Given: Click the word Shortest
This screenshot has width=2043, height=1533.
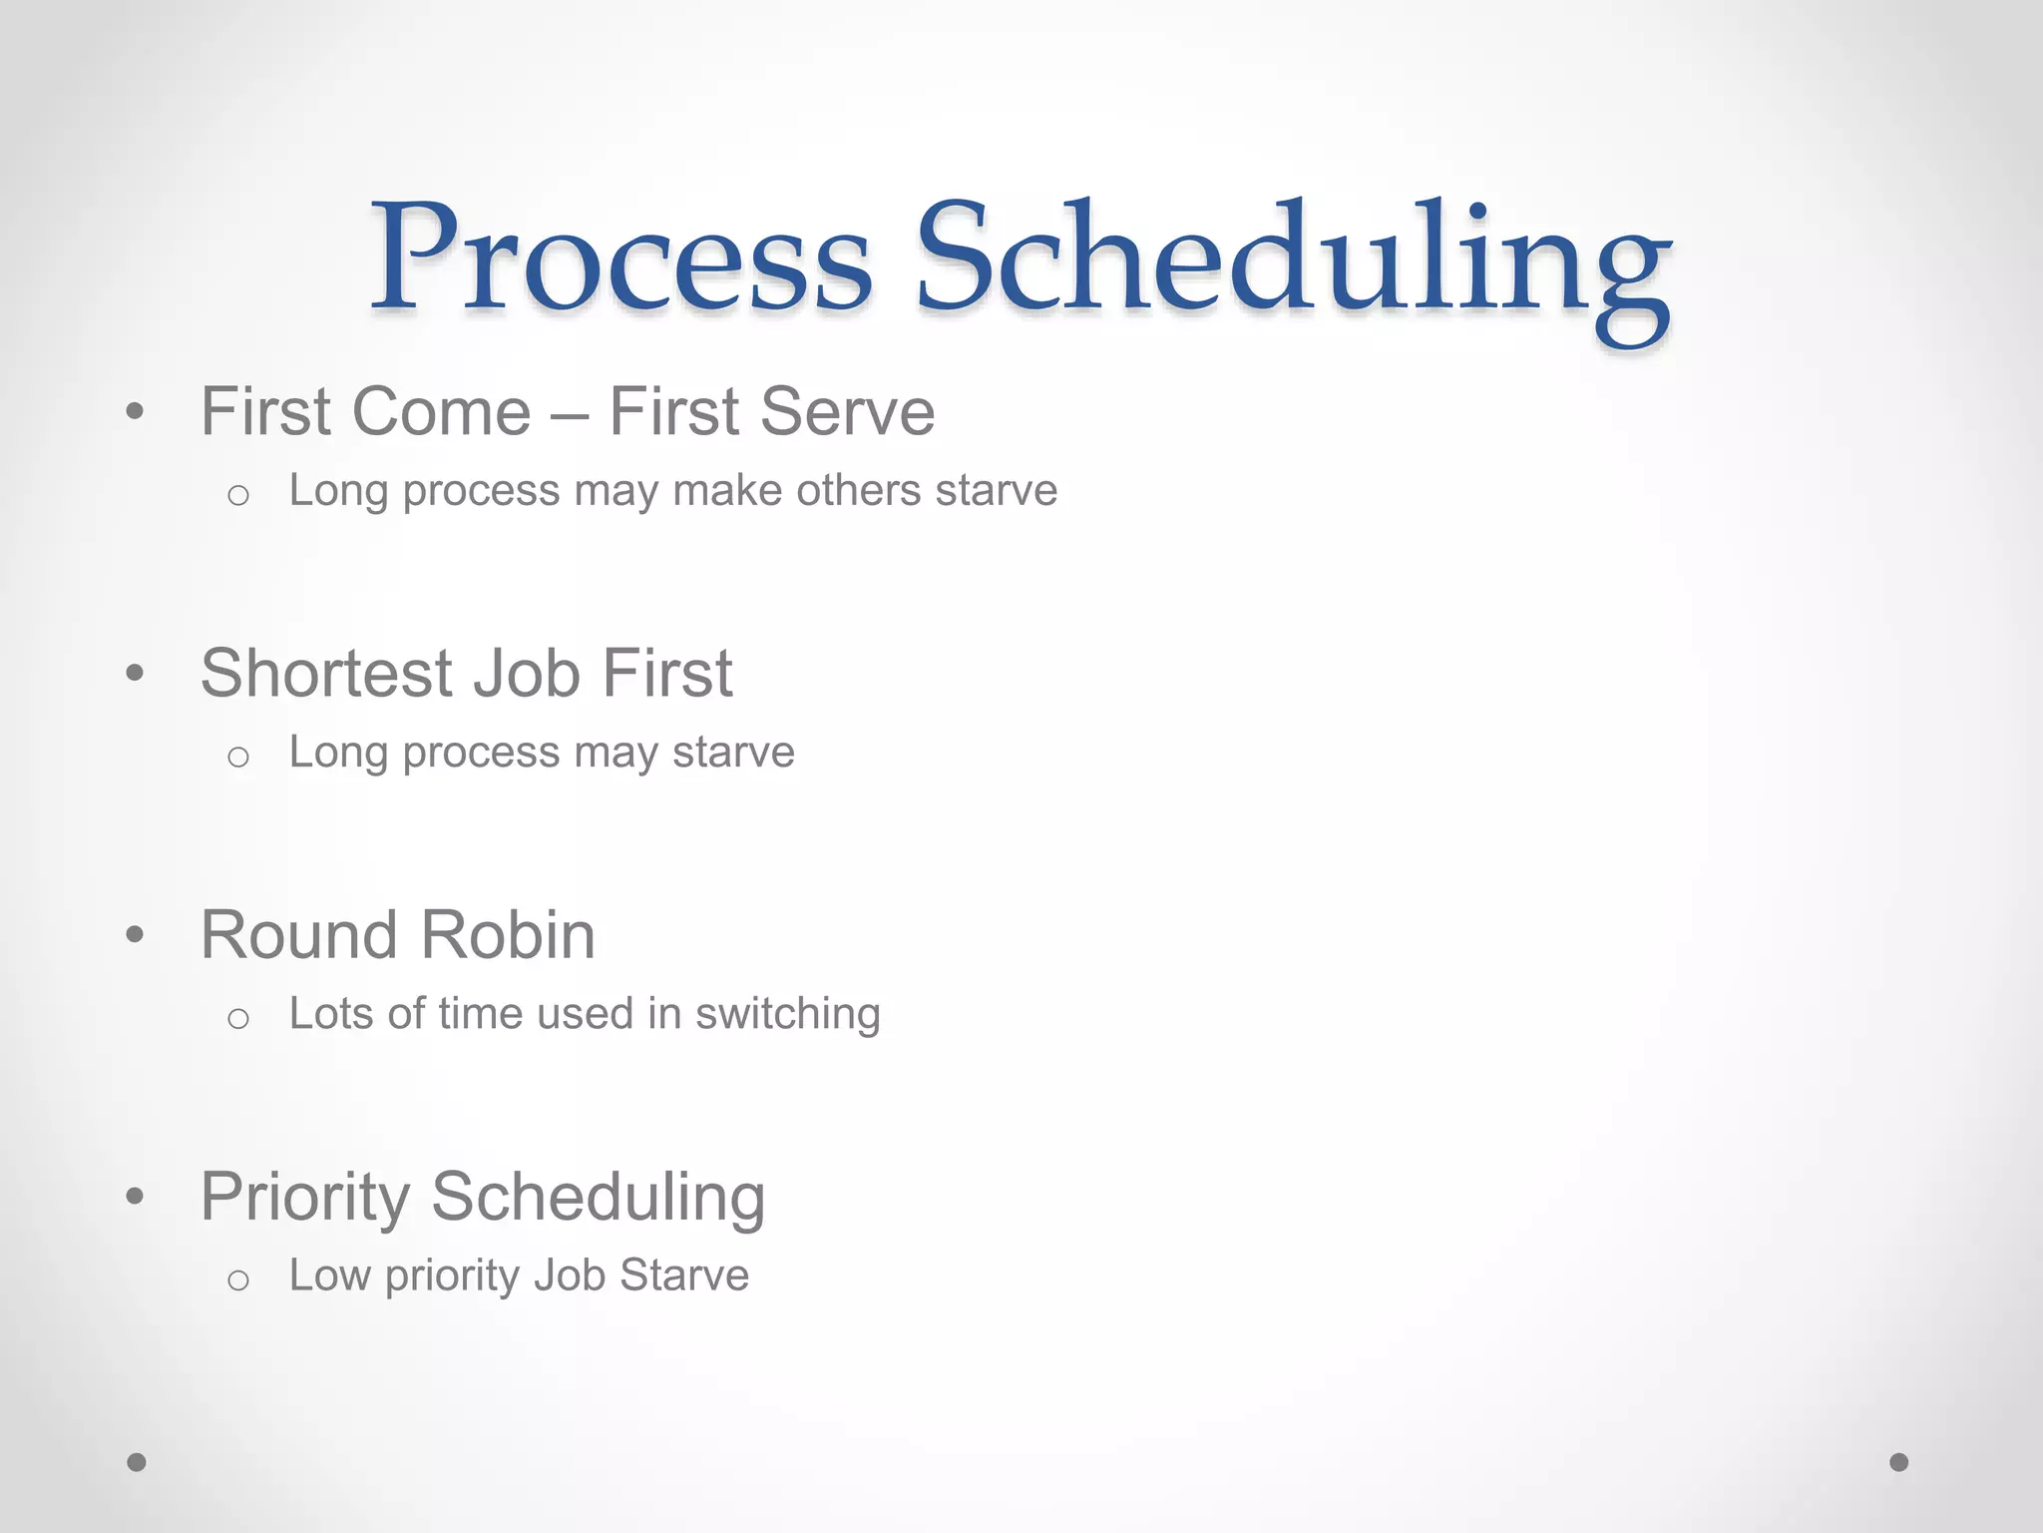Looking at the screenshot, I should click(326, 673).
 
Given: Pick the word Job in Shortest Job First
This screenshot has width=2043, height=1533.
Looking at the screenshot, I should click(526, 673).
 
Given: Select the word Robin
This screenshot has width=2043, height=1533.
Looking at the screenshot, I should click(508, 935).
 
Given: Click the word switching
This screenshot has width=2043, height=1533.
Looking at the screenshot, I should click(787, 1015).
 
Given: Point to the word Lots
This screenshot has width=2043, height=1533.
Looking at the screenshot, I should click(331, 1013).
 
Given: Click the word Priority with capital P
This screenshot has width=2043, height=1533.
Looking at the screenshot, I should click(304, 1198).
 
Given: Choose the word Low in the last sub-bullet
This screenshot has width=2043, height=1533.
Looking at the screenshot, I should click(329, 1275).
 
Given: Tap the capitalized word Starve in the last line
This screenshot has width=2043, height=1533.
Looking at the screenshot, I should click(683, 1275).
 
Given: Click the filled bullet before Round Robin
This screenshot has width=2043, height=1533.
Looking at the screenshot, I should click(136, 935).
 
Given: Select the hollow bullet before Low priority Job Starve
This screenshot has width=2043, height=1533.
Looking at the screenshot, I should click(237, 1280).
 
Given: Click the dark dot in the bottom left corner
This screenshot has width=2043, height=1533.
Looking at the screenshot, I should click(137, 1462).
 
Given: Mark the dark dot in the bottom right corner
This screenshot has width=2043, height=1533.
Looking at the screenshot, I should click(1899, 1462).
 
